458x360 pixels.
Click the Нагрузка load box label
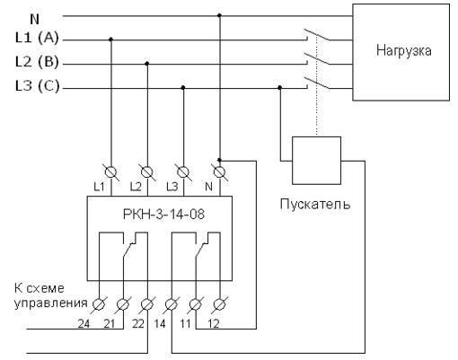pyautogui.click(x=404, y=50)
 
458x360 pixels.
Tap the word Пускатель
pyautogui.click(x=315, y=205)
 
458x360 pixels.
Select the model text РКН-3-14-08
pyautogui.click(x=163, y=215)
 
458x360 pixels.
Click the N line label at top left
pyautogui.click(x=35, y=20)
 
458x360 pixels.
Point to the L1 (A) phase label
pyautogui.click(x=37, y=38)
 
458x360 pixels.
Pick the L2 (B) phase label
pyautogui.click(x=37, y=62)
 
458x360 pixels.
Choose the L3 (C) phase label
pyautogui.click(x=37, y=86)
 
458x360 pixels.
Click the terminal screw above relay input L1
pyautogui.click(x=111, y=172)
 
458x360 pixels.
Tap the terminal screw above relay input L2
pyautogui.click(x=147, y=172)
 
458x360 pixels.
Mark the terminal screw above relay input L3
pyautogui.click(x=183, y=172)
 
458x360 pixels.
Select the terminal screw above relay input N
pyautogui.click(x=219, y=172)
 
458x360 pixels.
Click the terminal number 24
pyautogui.click(x=84, y=323)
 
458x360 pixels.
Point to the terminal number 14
pyautogui.click(x=160, y=323)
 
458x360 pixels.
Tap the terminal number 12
pyautogui.click(x=214, y=323)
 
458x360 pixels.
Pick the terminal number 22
pyautogui.click(x=138, y=323)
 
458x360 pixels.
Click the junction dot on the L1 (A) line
pyautogui.click(x=110, y=40)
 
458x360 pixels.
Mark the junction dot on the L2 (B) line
pyautogui.click(x=146, y=64)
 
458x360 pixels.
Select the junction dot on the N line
pyautogui.click(x=219, y=15)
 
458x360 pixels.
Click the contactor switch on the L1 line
pyautogui.click(x=317, y=34)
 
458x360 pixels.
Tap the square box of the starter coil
pyautogui.click(x=316, y=161)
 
